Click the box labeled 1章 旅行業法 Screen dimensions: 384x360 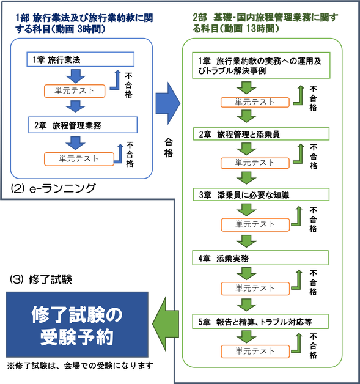(80, 59)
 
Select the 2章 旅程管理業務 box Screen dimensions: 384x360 (80, 124)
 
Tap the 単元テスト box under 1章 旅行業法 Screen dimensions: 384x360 (75, 91)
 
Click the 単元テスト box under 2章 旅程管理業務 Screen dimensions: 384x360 (79, 158)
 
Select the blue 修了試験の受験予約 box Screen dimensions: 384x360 (77, 325)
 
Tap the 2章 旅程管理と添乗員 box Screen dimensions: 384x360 (261, 134)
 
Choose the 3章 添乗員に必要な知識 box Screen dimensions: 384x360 (261, 195)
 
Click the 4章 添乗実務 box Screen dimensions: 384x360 (261, 257)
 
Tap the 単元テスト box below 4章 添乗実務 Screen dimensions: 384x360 (255, 288)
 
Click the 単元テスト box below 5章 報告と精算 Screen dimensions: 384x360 (255, 351)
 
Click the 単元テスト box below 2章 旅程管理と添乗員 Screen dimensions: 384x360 (255, 163)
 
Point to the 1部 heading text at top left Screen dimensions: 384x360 (85, 23)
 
